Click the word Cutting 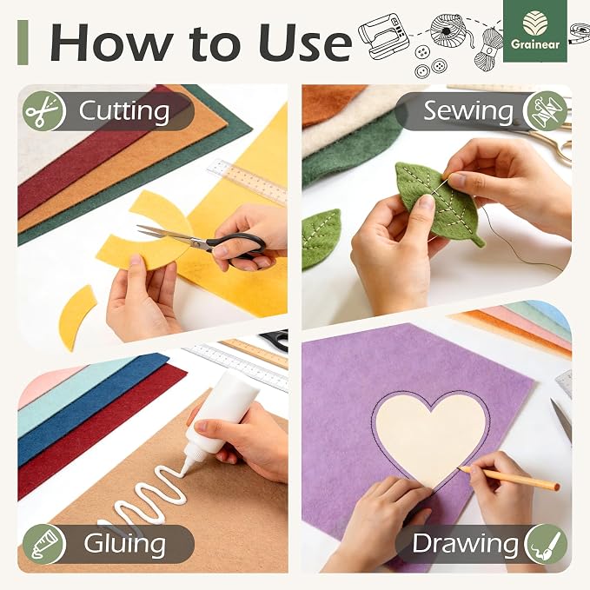pyautogui.click(x=123, y=112)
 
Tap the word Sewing pyautogui.click(x=468, y=111)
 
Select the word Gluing pyautogui.click(x=124, y=544)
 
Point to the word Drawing pyautogui.click(x=465, y=543)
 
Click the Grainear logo pyautogui.click(x=535, y=31)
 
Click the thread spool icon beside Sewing pyautogui.click(x=546, y=111)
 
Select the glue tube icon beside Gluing pyautogui.click(x=44, y=544)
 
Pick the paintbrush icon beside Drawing pyautogui.click(x=546, y=544)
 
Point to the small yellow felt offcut pyautogui.click(x=76, y=317)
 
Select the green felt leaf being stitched pyautogui.click(x=438, y=203)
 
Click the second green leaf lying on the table pyautogui.click(x=320, y=238)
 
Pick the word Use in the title pyautogui.click(x=304, y=42)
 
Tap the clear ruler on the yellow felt pyautogui.click(x=248, y=181)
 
